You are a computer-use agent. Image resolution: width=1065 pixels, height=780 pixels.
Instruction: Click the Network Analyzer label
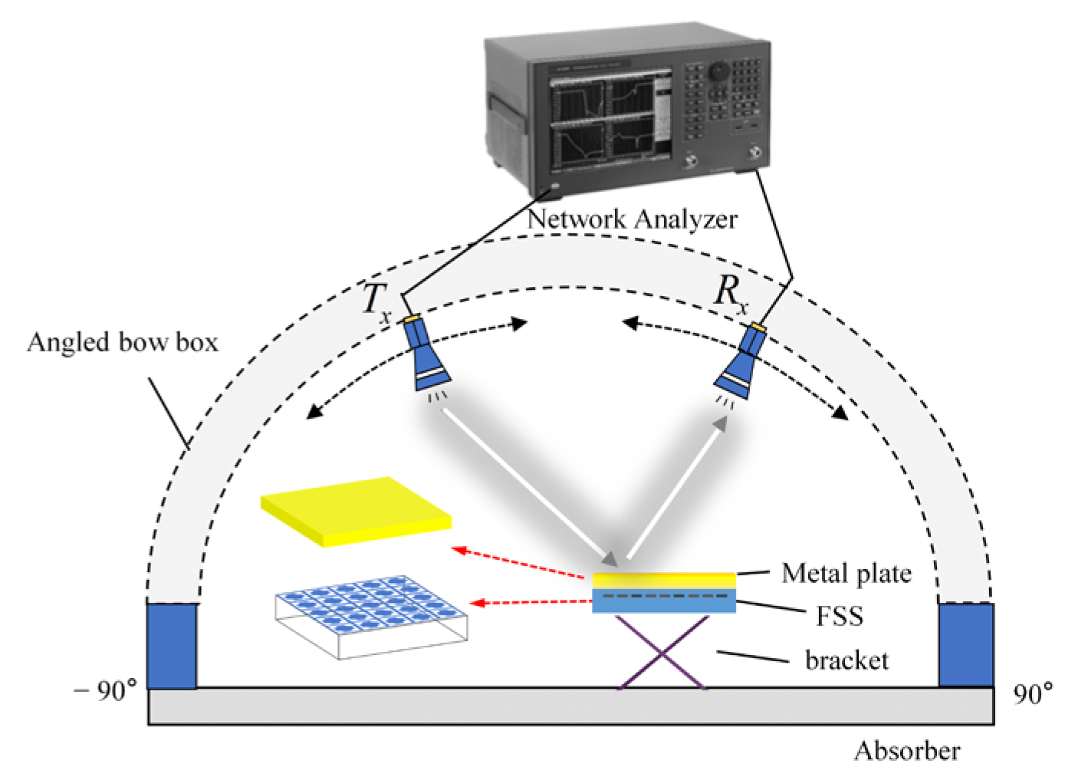coord(633,220)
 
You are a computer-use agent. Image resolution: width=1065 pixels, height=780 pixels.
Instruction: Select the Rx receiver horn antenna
coord(741,361)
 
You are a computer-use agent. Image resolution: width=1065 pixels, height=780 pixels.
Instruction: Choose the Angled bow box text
coord(123,341)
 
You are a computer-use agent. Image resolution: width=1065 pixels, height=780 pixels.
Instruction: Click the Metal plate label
coord(846,572)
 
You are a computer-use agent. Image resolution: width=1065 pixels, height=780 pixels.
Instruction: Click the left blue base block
coord(172,645)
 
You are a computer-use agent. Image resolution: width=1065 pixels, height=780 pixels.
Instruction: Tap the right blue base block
coord(966,644)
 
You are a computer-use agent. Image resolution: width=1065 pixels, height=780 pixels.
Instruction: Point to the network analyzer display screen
coord(605,118)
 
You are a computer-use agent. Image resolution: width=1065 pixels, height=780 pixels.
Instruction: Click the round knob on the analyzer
coord(718,71)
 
